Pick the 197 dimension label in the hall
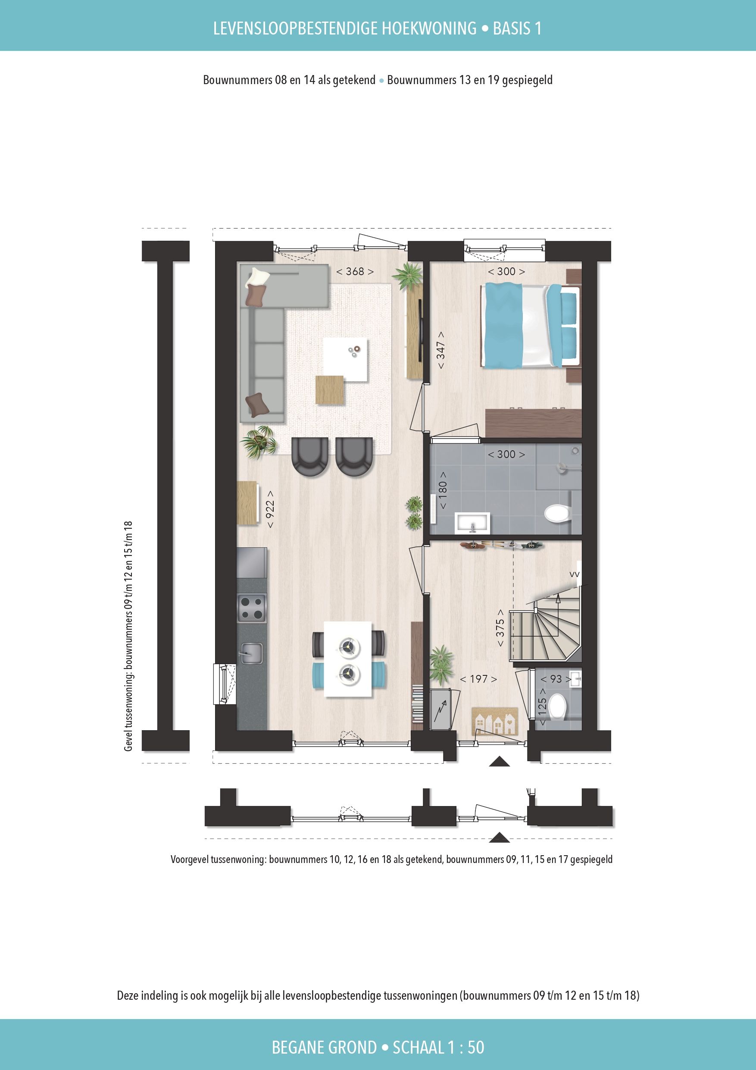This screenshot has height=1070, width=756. coord(478,679)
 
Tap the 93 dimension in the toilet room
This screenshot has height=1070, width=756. coord(556,679)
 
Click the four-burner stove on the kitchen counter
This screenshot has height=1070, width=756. coord(252,608)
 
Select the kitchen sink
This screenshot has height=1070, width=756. coord(251,654)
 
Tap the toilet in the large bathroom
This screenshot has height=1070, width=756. coord(556,514)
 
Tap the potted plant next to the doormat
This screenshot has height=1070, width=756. coord(440,662)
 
